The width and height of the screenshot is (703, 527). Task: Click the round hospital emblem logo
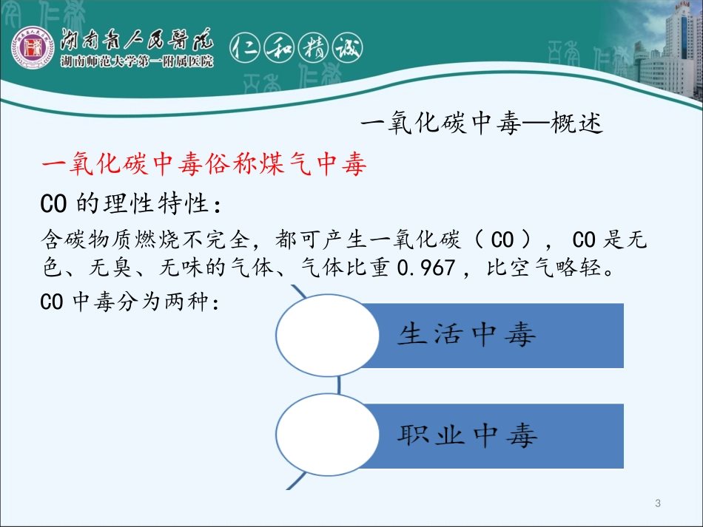click(x=32, y=52)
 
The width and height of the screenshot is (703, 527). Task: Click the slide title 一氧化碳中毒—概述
click(x=486, y=123)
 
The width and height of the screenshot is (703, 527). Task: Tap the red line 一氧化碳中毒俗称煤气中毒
click(x=205, y=165)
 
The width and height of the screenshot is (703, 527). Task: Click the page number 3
click(x=657, y=504)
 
